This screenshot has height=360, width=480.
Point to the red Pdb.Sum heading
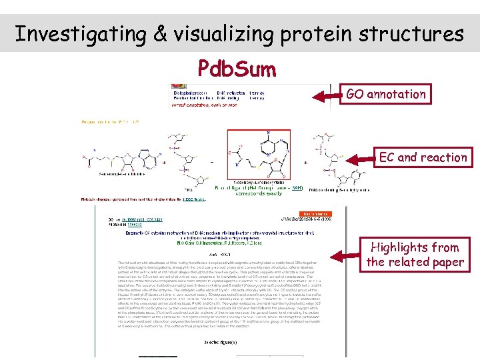tap(237, 69)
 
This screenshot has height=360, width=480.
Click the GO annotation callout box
tap(385, 94)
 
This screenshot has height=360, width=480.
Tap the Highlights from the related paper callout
tap(415, 254)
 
